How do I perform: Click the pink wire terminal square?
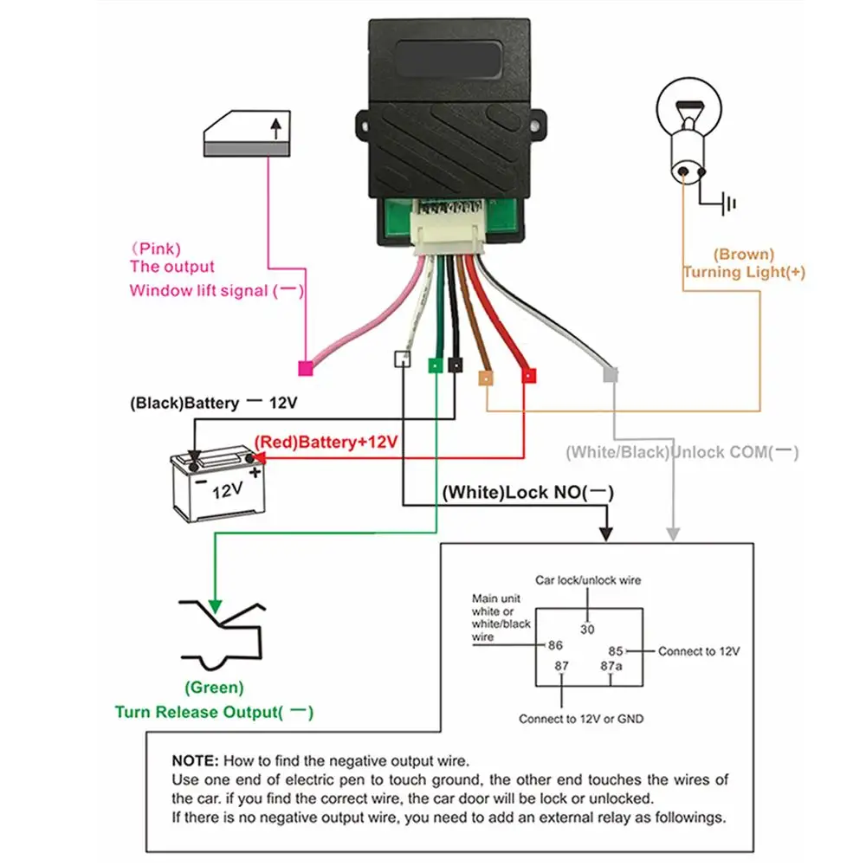point(305,368)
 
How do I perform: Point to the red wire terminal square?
point(527,376)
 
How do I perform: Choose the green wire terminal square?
point(434,365)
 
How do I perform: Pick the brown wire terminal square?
point(487,377)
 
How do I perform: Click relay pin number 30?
point(587,630)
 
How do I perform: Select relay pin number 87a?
point(611,665)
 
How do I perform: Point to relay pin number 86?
point(555,645)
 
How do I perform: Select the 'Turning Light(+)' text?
point(744,272)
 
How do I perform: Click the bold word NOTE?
point(197,761)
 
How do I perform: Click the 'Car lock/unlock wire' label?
point(588,580)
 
